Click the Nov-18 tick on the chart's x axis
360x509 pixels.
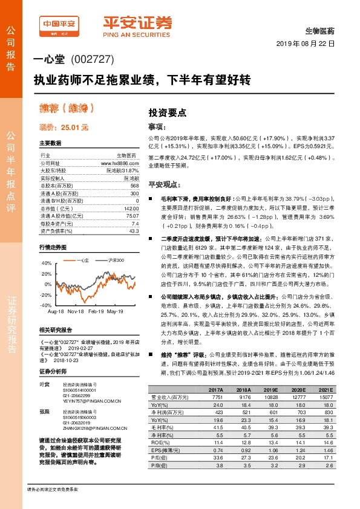[x=76, y=311]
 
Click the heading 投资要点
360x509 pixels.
[x=167, y=113]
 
